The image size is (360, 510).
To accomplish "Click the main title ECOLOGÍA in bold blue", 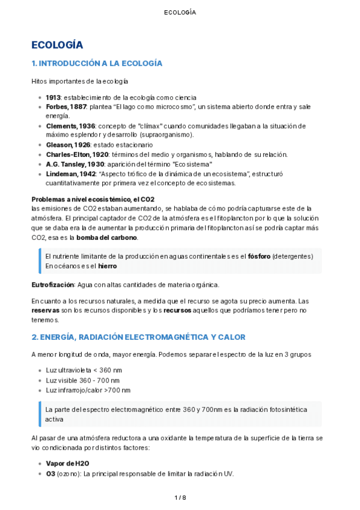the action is click(x=57, y=45).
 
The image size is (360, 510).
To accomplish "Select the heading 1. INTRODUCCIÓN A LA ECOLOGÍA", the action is click(x=97, y=63).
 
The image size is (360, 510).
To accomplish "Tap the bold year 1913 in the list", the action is click(x=53, y=97).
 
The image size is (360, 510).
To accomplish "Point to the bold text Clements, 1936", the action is click(x=70, y=126).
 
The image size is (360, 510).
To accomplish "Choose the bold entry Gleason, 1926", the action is click(x=67, y=145).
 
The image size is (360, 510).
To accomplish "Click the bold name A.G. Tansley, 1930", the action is click(x=75, y=164).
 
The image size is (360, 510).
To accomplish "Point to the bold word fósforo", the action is click(x=258, y=256).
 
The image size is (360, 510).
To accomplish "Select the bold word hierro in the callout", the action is click(x=107, y=266).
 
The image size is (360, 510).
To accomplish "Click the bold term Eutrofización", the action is click(x=52, y=284).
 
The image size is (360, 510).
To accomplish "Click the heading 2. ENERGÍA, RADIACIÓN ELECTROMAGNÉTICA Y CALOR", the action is click(x=138, y=337).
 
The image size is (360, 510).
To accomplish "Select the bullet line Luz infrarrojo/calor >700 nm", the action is click(x=88, y=390).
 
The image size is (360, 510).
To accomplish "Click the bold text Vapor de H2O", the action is click(x=67, y=464).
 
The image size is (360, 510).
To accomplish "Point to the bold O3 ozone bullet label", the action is click(x=50, y=473).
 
